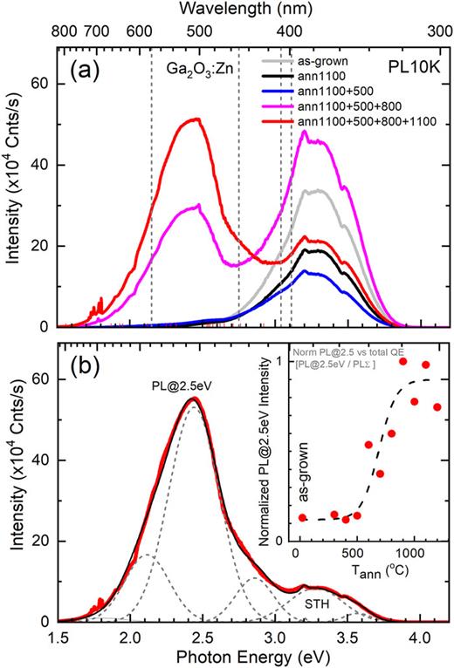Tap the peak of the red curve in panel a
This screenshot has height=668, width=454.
tap(197, 119)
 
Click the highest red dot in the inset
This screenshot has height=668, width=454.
tap(403, 361)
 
